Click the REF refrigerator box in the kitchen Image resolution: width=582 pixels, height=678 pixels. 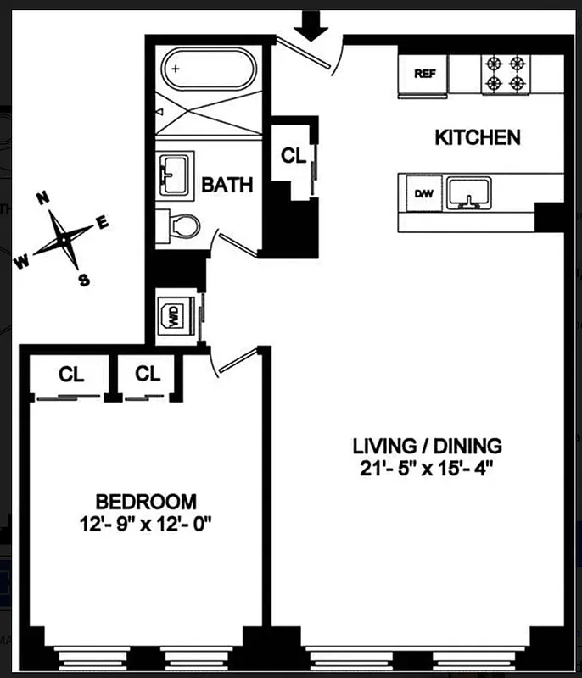(x=424, y=73)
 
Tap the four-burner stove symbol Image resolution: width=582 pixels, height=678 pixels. (x=506, y=73)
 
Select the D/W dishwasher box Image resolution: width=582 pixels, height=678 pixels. (x=423, y=194)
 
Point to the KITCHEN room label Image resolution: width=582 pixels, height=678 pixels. (x=477, y=137)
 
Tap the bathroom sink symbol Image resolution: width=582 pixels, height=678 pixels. (x=176, y=173)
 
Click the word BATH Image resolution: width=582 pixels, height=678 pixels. (x=227, y=185)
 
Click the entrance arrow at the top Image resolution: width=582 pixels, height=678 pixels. (x=314, y=25)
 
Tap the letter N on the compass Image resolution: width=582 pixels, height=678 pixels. (x=42, y=198)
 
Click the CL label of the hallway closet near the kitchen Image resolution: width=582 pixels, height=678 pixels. (x=293, y=156)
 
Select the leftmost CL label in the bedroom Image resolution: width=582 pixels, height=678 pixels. (x=71, y=374)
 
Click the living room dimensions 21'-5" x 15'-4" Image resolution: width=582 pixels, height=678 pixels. (x=428, y=467)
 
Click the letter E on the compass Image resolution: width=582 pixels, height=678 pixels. (x=103, y=222)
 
